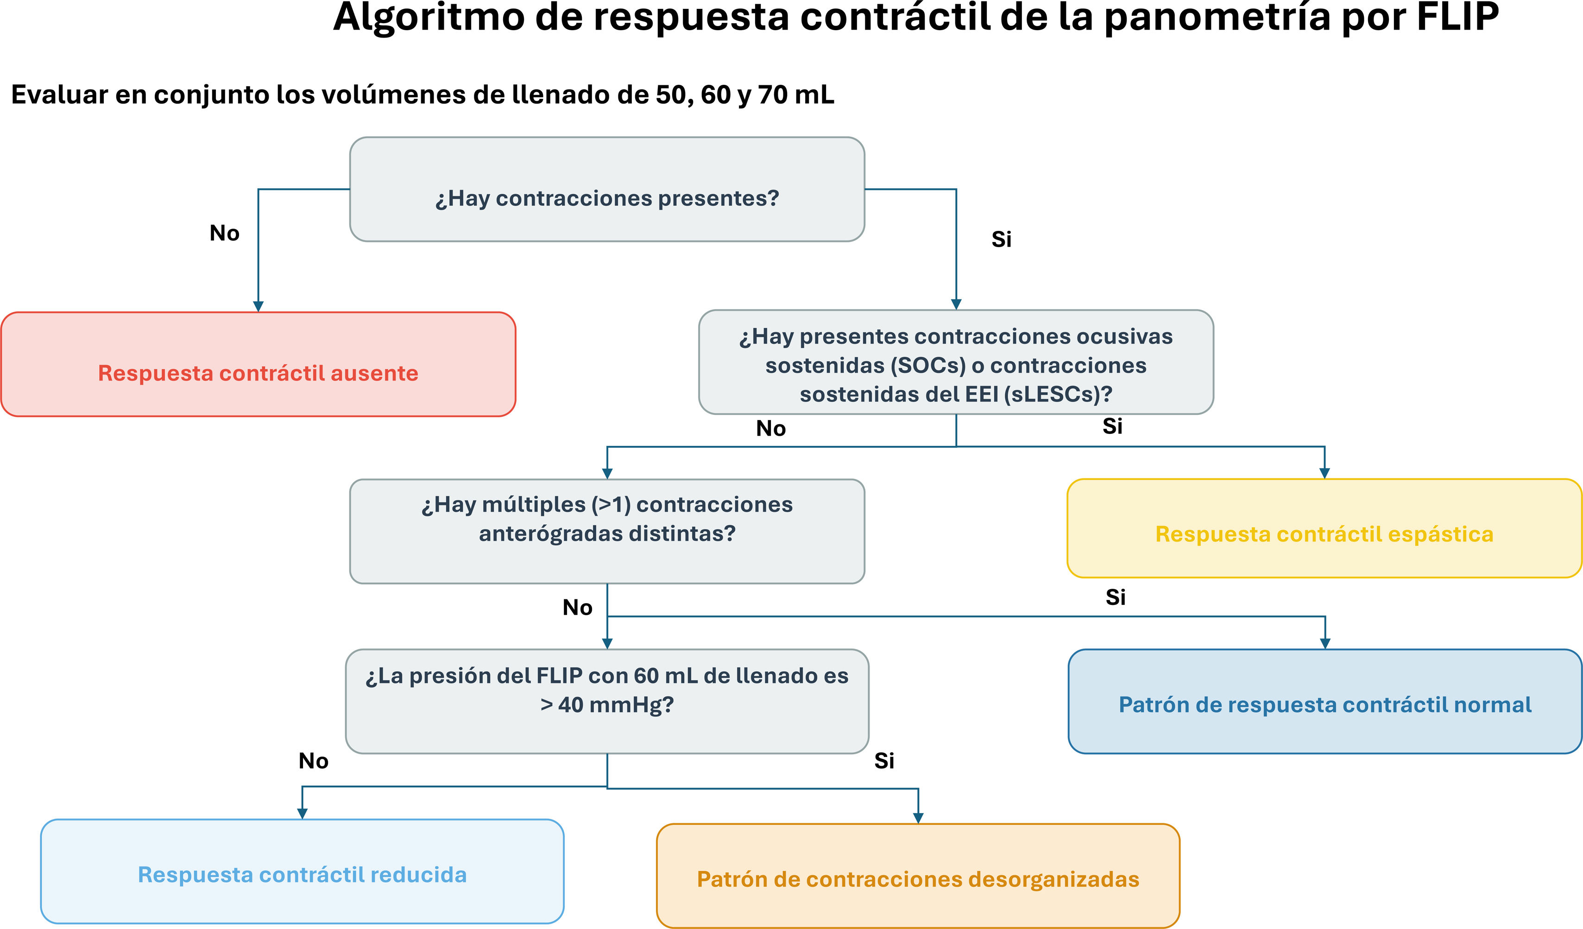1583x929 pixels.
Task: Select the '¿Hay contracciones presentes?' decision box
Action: [x=607, y=189]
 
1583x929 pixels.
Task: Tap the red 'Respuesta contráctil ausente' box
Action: [x=258, y=364]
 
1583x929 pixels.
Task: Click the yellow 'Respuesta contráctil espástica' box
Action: [x=1324, y=528]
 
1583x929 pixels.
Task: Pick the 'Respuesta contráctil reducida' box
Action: [x=302, y=871]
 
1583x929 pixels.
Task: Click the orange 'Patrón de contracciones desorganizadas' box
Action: [x=918, y=876]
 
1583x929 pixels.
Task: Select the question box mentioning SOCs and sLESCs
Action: [x=956, y=362]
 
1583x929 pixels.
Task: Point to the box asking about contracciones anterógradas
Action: [x=607, y=531]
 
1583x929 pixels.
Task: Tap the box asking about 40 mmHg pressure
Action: [x=607, y=701]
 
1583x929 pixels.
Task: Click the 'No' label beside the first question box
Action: [x=224, y=233]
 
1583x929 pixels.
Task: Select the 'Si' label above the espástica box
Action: [x=1112, y=426]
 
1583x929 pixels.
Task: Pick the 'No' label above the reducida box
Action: [x=314, y=761]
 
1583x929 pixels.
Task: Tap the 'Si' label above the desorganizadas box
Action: [x=884, y=761]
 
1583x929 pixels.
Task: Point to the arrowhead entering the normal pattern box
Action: [x=1325, y=643]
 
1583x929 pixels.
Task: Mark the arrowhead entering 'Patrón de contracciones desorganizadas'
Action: [x=918, y=818]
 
